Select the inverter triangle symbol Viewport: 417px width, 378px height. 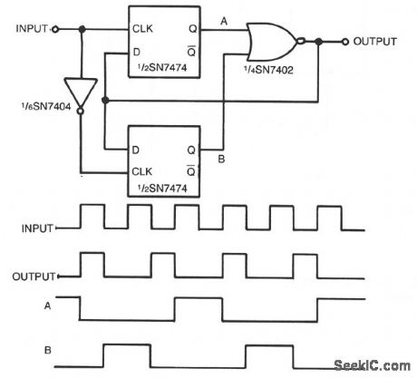pyautogui.click(x=82, y=93)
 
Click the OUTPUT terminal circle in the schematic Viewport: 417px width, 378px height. pyautogui.click(x=345, y=41)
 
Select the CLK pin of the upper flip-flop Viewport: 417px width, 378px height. pyautogui.click(x=141, y=29)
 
